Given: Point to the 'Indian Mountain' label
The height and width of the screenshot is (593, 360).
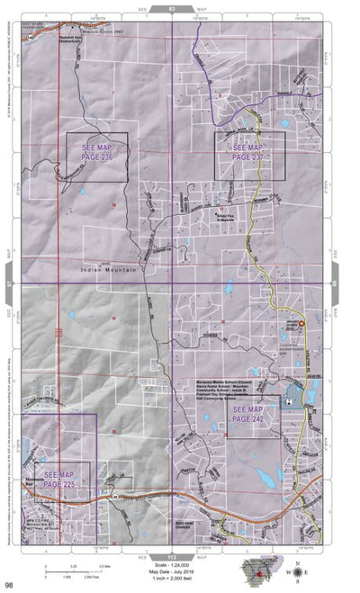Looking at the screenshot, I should pos(107,269).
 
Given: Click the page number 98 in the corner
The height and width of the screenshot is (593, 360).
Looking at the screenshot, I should pos(9,585).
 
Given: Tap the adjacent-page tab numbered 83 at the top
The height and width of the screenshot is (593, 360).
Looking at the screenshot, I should pos(172,7).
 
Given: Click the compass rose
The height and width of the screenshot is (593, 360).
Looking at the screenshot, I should pos(299,571).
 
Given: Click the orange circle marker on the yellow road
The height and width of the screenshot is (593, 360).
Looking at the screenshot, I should pos(301,322).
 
